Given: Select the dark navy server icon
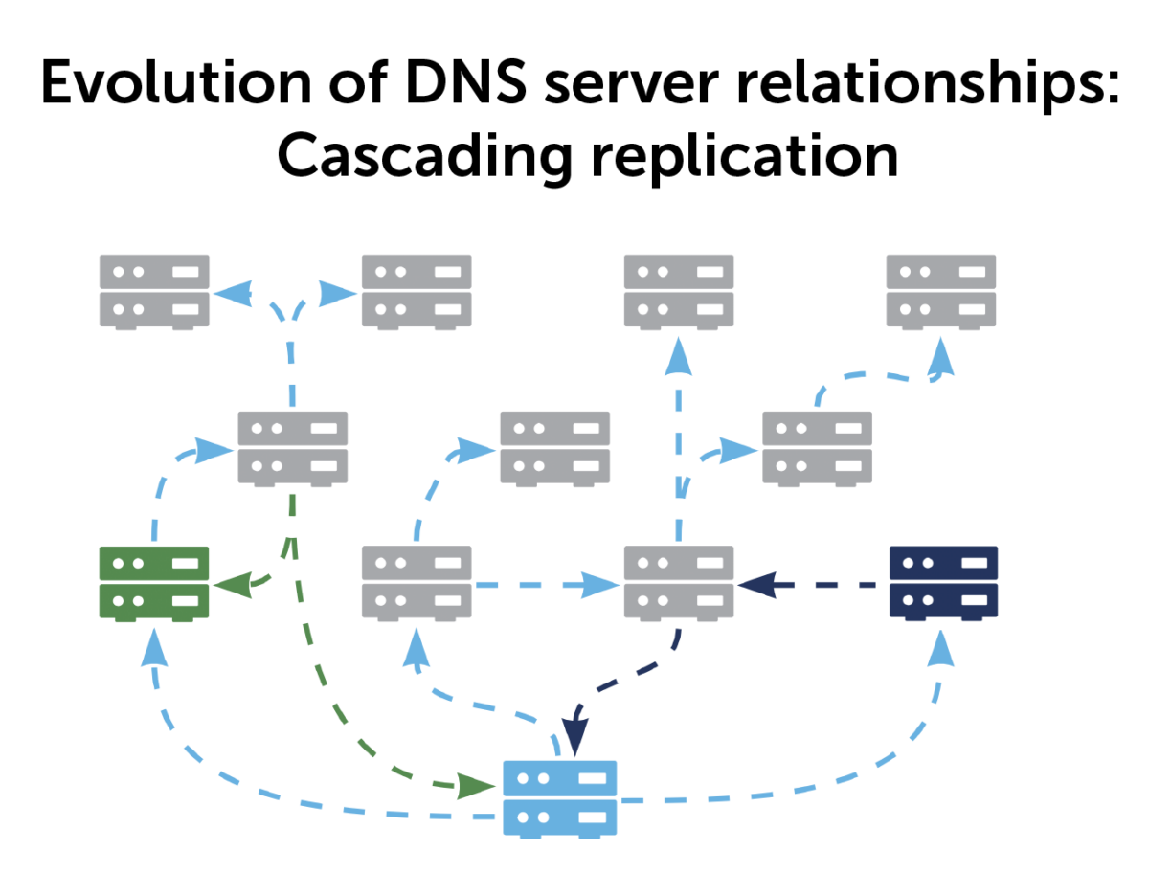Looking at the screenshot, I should click(x=943, y=581).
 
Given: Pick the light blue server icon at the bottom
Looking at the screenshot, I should click(x=559, y=796).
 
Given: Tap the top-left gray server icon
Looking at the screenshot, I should click(x=154, y=291).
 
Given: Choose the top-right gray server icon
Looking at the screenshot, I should click(x=941, y=291).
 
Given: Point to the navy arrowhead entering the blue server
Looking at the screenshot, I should click(x=574, y=738).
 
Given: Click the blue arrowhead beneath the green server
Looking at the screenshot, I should click(x=154, y=648).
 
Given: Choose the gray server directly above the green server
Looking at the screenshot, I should click(x=292, y=447).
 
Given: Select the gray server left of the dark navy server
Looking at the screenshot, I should click(x=679, y=581).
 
